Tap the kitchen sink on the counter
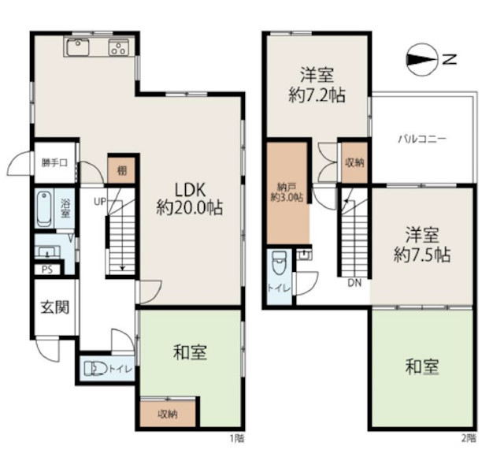click(78, 47)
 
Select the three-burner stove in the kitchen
click(119, 47)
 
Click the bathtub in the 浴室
click(44, 209)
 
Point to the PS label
click(47, 270)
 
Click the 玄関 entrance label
click(55, 307)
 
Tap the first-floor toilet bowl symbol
click(95, 369)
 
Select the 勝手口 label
click(54, 162)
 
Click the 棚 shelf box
click(121, 170)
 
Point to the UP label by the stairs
click(100, 202)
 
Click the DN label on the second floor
click(354, 283)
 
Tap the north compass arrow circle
click(422, 59)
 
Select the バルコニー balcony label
click(422, 139)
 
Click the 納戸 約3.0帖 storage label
click(287, 192)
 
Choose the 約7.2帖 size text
click(317, 95)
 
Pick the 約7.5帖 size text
click(422, 255)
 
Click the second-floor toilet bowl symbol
click(279, 262)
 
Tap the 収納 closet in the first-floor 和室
click(168, 414)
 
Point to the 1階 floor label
click(236, 438)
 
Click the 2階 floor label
click(469, 438)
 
